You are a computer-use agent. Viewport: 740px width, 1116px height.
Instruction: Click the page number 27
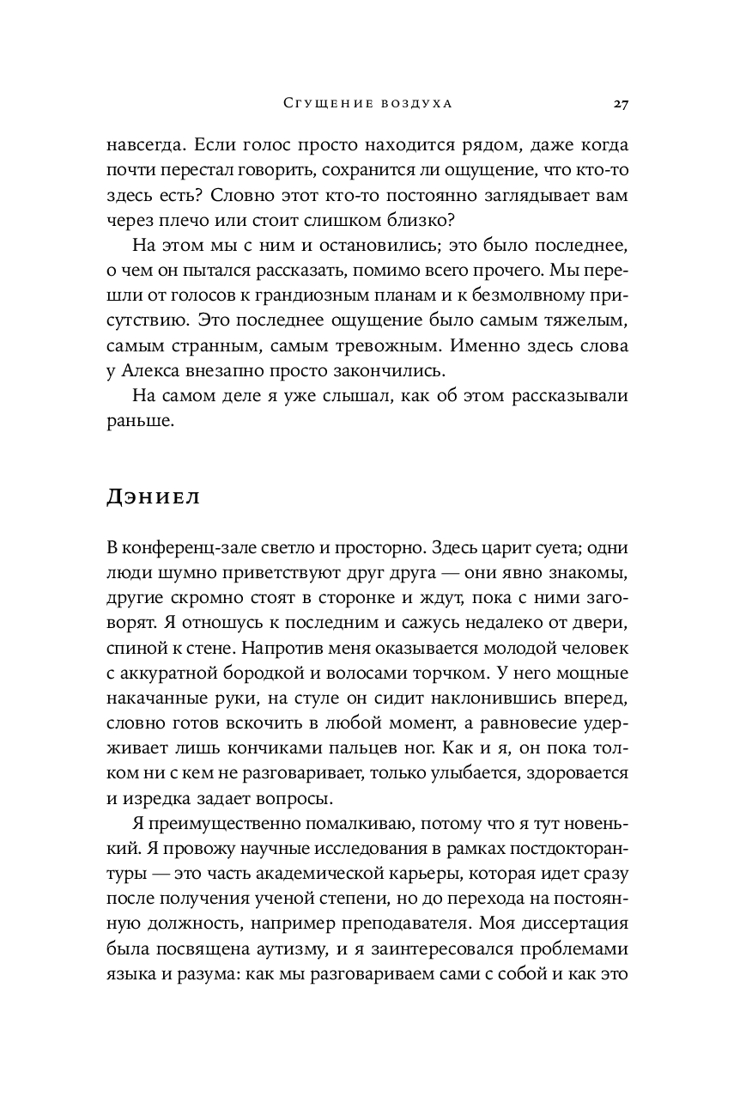point(622,104)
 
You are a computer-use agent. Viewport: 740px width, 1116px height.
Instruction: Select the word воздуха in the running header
point(417,104)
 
